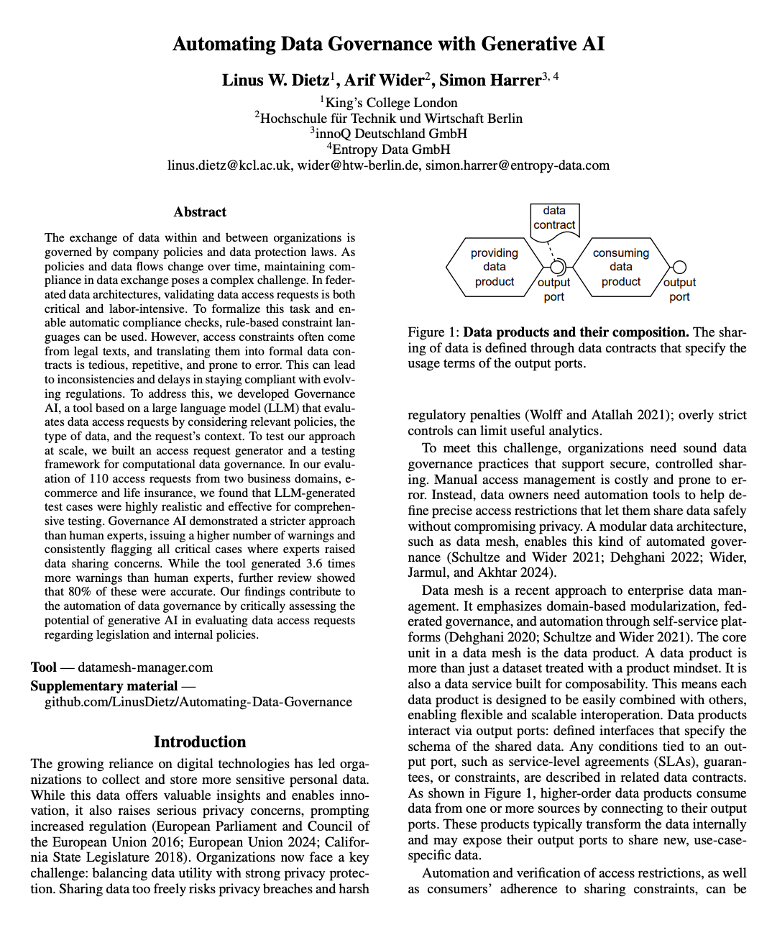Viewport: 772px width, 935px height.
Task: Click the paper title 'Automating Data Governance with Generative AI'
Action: pos(388,45)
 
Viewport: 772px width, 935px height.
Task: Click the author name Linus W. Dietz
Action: pos(275,81)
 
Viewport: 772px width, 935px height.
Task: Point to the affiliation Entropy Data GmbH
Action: pos(391,150)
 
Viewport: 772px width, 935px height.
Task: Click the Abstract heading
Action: pos(200,212)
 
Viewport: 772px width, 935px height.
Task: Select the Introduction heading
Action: pos(200,742)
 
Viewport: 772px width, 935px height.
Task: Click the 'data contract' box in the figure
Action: pos(554,218)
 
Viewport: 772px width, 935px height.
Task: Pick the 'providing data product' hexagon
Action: pos(494,268)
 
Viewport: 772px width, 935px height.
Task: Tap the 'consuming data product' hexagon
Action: pos(620,268)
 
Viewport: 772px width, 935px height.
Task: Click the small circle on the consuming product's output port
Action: pos(679,268)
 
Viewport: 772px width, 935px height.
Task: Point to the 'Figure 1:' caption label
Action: pos(433,332)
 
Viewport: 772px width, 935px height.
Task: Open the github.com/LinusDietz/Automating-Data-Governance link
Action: pos(198,702)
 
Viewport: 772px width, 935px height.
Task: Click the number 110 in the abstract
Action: pos(98,479)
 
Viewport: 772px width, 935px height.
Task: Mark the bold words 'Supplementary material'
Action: pos(104,686)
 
